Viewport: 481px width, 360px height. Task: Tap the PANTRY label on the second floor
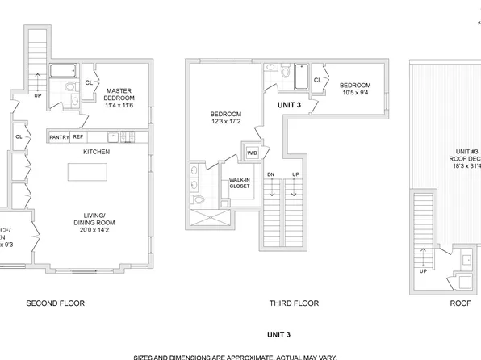(x=59, y=137)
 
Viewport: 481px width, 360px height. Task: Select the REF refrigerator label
(x=78, y=137)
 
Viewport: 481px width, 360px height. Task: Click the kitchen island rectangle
(x=88, y=173)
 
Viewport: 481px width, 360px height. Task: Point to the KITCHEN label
(x=96, y=151)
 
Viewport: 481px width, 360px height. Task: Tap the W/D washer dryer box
(x=252, y=153)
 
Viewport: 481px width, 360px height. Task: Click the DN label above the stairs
(x=272, y=175)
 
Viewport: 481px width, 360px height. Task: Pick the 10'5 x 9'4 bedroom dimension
(x=354, y=93)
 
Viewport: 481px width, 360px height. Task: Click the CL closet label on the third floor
(x=317, y=80)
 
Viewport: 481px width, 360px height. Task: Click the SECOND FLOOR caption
(x=56, y=303)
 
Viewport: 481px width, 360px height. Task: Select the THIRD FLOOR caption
(x=294, y=303)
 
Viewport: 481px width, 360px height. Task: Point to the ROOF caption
(x=461, y=303)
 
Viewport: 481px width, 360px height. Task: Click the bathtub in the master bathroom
(x=62, y=71)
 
